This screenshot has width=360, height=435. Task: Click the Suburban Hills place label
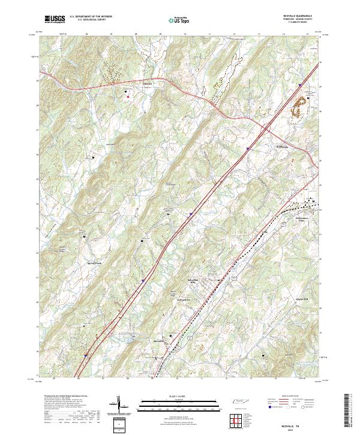(x=190, y=281)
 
